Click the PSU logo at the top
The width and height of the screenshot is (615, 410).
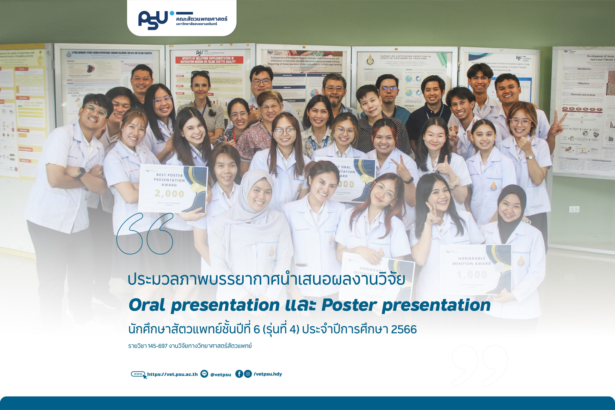(x=153, y=20)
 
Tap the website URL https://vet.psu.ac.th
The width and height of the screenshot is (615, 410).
(x=172, y=374)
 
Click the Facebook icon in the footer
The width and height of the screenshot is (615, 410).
(x=239, y=374)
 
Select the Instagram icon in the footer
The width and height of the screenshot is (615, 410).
(x=248, y=374)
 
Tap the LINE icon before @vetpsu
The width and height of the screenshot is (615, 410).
(x=204, y=374)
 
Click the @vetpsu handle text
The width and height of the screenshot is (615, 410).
(x=221, y=375)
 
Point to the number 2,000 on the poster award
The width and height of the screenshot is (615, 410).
(x=169, y=194)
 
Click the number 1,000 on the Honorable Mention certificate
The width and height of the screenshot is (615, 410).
(x=472, y=275)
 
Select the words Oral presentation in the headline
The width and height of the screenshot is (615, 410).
(x=204, y=305)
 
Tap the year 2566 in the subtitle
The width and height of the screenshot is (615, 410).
(x=404, y=330)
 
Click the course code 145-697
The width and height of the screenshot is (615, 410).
(x=157, y=346)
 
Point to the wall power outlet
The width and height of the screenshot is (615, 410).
(x=574, y=209)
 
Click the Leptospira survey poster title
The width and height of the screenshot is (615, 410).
(x=405, y=57)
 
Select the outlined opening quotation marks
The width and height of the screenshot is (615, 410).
(x=145, y=233)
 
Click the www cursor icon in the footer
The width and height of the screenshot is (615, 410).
(x=139, y=374)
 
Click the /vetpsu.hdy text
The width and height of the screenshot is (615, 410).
(x=268, y=374)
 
